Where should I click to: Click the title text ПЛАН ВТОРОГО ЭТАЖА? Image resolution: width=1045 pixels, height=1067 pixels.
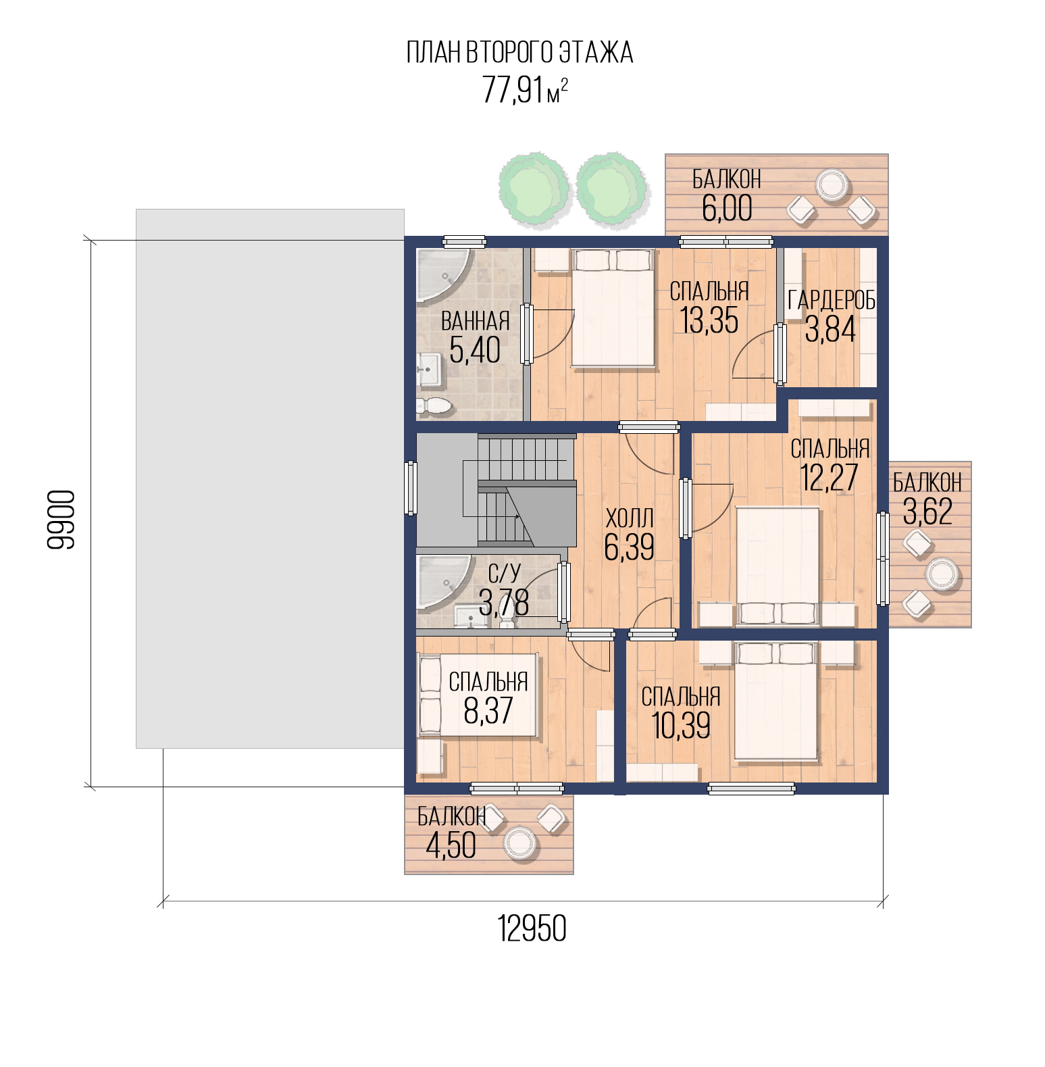[x=519, y=53]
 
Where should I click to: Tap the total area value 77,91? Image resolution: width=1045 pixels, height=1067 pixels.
[x=513, y=90]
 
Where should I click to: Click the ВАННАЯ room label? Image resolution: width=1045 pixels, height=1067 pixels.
[x=475, y=322]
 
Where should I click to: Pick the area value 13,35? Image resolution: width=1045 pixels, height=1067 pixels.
[x=709, y=320]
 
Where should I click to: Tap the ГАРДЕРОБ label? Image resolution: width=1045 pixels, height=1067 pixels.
[x=832, y=300]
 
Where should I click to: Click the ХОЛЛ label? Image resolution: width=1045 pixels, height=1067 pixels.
[x=630, y=518]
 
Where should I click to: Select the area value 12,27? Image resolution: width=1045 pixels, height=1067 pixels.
[x=829, y=478]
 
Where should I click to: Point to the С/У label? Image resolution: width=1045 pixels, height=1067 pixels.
[x=504, y=574]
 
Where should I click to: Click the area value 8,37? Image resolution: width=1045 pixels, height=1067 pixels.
[x=488, y=710]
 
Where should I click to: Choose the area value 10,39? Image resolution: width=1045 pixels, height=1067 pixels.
[x=681, y=726]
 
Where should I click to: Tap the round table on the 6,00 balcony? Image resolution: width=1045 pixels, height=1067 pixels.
[x=831, y=184]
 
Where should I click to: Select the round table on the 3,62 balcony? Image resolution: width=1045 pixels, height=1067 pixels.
[x=942, y=574]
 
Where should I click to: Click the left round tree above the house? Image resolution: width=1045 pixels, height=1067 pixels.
[x=532, y=187]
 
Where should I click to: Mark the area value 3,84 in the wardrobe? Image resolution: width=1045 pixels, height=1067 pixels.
[x=830, y=329]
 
